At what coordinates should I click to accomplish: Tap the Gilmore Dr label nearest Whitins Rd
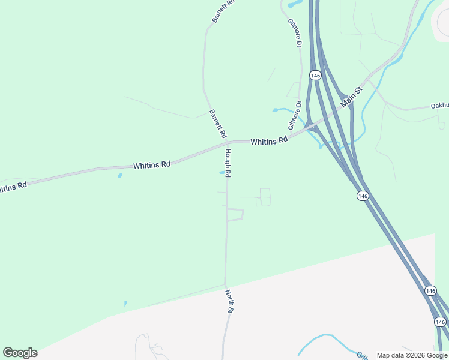click(295, 115)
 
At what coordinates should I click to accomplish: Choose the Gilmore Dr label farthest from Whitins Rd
click(294, 32)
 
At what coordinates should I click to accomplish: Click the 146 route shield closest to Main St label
click(316, 75)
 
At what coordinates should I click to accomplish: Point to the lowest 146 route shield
click(440, 322)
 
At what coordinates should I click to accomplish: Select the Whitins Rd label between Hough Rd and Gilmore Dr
click(269, 142)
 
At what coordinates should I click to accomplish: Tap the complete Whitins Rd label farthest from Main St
click(152, 164)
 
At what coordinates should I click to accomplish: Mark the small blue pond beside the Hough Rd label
click(222, 173)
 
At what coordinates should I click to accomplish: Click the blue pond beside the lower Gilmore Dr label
click(279, 110)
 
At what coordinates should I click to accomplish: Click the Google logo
click(20, 353)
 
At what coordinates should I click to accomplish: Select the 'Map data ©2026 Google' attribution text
click(412, 355)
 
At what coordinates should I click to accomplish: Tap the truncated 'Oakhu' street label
click(439, 106)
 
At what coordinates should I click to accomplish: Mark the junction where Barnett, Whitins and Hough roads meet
click(227, 143)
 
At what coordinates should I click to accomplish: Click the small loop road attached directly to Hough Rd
click(235, 215)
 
